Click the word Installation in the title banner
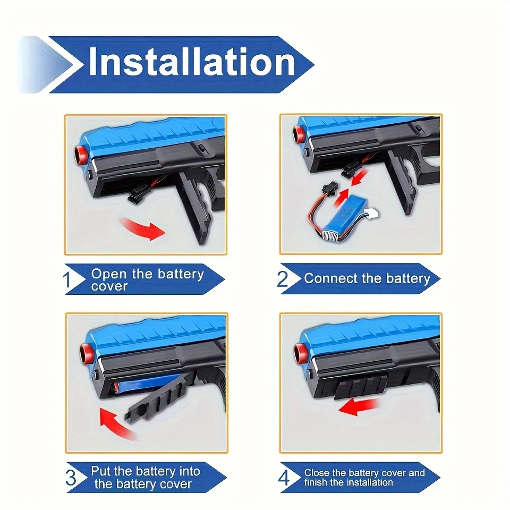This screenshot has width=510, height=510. point(191,62)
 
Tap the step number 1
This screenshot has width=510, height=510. point(68,280)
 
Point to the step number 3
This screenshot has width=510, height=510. point(71,478)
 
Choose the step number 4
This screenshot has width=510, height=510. point(284,478)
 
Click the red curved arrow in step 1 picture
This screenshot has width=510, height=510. point(142,229)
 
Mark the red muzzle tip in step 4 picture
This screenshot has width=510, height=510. point(299,351)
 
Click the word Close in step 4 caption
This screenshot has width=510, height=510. point(317,473)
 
